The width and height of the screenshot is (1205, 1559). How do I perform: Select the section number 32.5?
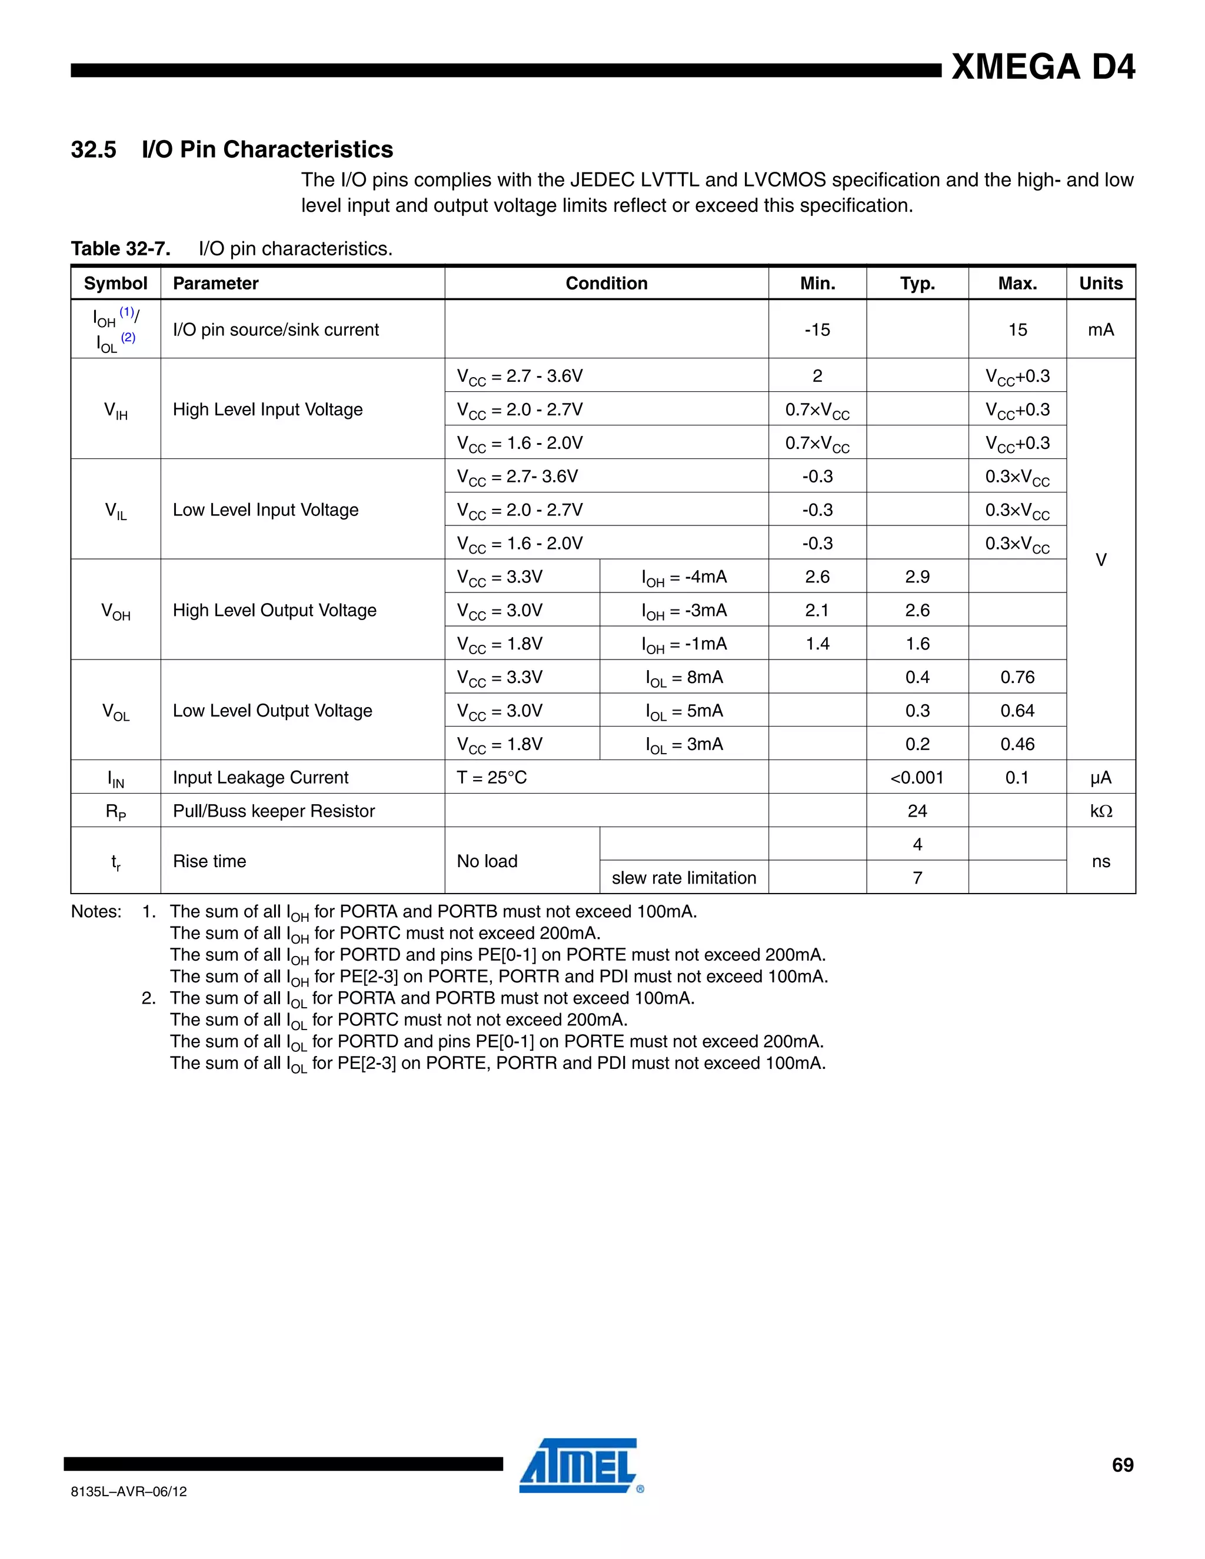pyautogui.click(x=94, y=149)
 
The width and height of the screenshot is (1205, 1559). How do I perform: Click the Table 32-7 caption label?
pyautogui.click(x=120, y=248)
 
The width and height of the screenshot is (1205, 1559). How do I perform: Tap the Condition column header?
pyautogui.click(x=606, y=284)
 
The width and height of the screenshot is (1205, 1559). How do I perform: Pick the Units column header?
pyautogui.click(x=1100, y=284)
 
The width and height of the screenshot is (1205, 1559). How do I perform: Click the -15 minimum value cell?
pyautogui.click(x=817, y=330)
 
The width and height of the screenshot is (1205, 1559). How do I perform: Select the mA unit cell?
pyautogui.click(x=1100, y=330)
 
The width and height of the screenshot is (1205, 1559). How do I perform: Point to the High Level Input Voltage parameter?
pyautogui.click(x=268, y=409)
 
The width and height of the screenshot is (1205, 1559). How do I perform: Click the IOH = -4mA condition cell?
pyautogui.click(x=683, y=577)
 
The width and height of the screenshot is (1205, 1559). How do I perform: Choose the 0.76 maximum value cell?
pyautogui.click(x=1017, y=677)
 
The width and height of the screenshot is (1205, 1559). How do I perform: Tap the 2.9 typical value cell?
pyautogui.click(x=917, y=577)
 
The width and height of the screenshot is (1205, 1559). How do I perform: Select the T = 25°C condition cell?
pyautogui.click(x=492, y=777)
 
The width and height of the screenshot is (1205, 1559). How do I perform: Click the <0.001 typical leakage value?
pyautogui.click(x=917, y=777)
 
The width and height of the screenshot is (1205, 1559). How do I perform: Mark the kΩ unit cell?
pyautogui.click(x=1100, y=811)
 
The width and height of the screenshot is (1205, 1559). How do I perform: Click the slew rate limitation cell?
pyautogui.click(x=683, y=878)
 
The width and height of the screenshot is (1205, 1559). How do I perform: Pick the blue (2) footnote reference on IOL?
pyautogui.click(x=128, y=338)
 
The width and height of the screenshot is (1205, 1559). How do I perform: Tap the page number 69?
pyautogui.click(x=1122, y=1465)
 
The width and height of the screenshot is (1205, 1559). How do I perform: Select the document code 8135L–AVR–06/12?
pyautogui.click(x=129, y=1491)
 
